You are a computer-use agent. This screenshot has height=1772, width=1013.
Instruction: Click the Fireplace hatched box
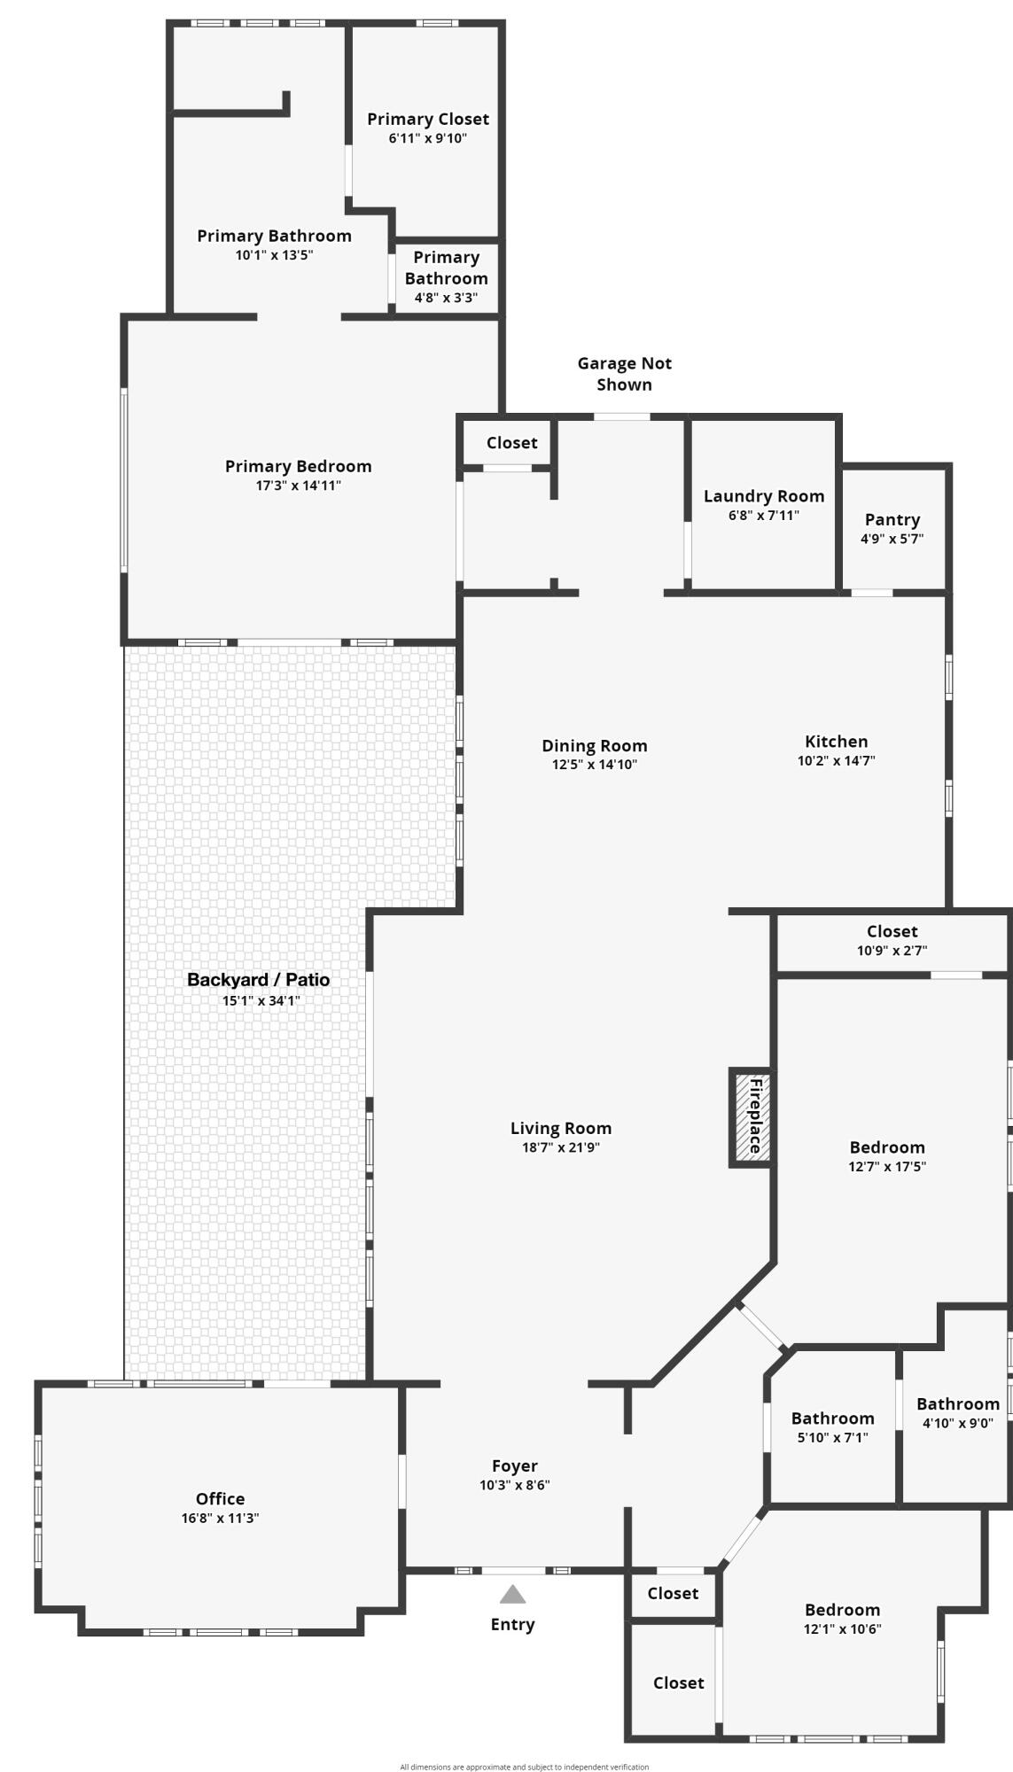click(751, 1116)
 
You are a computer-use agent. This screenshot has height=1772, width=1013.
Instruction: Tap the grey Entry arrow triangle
click(512, 1595)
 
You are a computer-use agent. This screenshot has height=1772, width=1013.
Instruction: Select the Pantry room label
click(892, 519)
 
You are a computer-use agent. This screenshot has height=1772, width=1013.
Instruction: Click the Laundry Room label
click(764, 496)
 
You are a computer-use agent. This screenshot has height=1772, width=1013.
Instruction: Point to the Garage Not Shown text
click(624, 374)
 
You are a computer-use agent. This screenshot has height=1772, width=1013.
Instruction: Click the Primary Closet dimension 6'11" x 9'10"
click(427, 138)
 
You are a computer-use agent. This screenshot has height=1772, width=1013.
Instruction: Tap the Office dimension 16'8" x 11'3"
click(220, 1518)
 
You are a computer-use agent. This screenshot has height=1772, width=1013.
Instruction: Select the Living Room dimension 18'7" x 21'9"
click(561, 1147)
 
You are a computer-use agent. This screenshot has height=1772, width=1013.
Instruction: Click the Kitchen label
click(836, 742)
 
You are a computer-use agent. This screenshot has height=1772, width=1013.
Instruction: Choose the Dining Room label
click(595, 746)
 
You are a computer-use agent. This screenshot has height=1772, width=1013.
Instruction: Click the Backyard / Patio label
click(258, 980)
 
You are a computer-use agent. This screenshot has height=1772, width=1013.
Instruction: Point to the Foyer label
click(515, 1466)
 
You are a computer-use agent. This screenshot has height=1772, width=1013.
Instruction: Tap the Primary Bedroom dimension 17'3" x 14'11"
click(298, 486)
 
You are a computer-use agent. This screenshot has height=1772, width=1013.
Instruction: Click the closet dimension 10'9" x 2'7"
click(892, 951)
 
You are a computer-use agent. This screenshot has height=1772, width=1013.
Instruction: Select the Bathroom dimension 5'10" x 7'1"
click(832, 1437)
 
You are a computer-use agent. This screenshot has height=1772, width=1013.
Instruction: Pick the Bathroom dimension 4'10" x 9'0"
click(957, 1423)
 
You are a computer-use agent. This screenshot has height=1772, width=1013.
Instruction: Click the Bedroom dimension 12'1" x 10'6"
click(842, 1628)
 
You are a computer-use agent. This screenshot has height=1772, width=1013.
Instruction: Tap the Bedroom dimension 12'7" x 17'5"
click(886, 1167)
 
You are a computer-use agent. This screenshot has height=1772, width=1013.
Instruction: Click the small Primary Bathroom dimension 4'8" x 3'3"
click(446, 298)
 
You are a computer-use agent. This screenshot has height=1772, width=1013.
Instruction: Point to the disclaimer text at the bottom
click(524, 1767)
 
